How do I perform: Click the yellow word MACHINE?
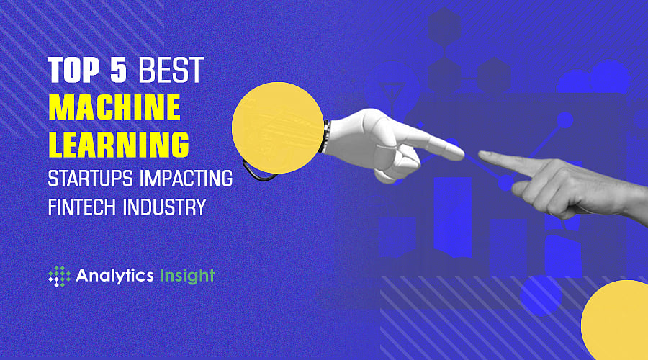pyautogui.click(x=114, y=109)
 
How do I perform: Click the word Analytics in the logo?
pyautogui.click(x=107, y=275)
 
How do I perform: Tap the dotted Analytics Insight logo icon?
pyautogui.click(x=59, y=276)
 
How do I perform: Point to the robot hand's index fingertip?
pyautogui.click(x=456, y=152)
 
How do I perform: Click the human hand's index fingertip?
pyautogui.click(x=484, y=155)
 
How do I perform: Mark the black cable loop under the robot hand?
pyautogui.click(x=256, y=171)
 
